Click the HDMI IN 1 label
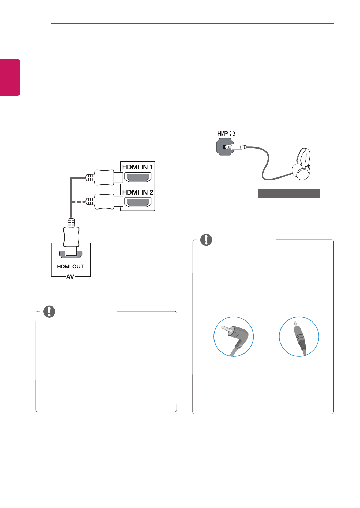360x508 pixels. pyautogui.click(x=137, y=167)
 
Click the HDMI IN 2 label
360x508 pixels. pyautogui.click(x=137, y=192)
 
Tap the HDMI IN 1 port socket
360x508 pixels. pyautogui.click(x=138, y=177)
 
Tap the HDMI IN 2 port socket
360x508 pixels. pyautogui.click(x=138, y=202)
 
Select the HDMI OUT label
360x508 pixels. pyautogui.click(x=70, y=266)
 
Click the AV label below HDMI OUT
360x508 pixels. pyautogui.click(x=70, y=277)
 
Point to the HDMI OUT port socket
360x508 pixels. pyautogui.click(x=71, y=255)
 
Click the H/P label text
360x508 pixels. pyautogui.click(x=223, y=134)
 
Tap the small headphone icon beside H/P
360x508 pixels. pyautogui.click(x=232, y=134)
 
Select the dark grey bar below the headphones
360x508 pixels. pyautogui.click(x=289, y=194)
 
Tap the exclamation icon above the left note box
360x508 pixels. pyautogui.click(x=50, y=311)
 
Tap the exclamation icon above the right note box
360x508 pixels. pyautogui.click(x=206, y=240)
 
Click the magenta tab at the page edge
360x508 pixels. pyautogui.click(x=10, y=77)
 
